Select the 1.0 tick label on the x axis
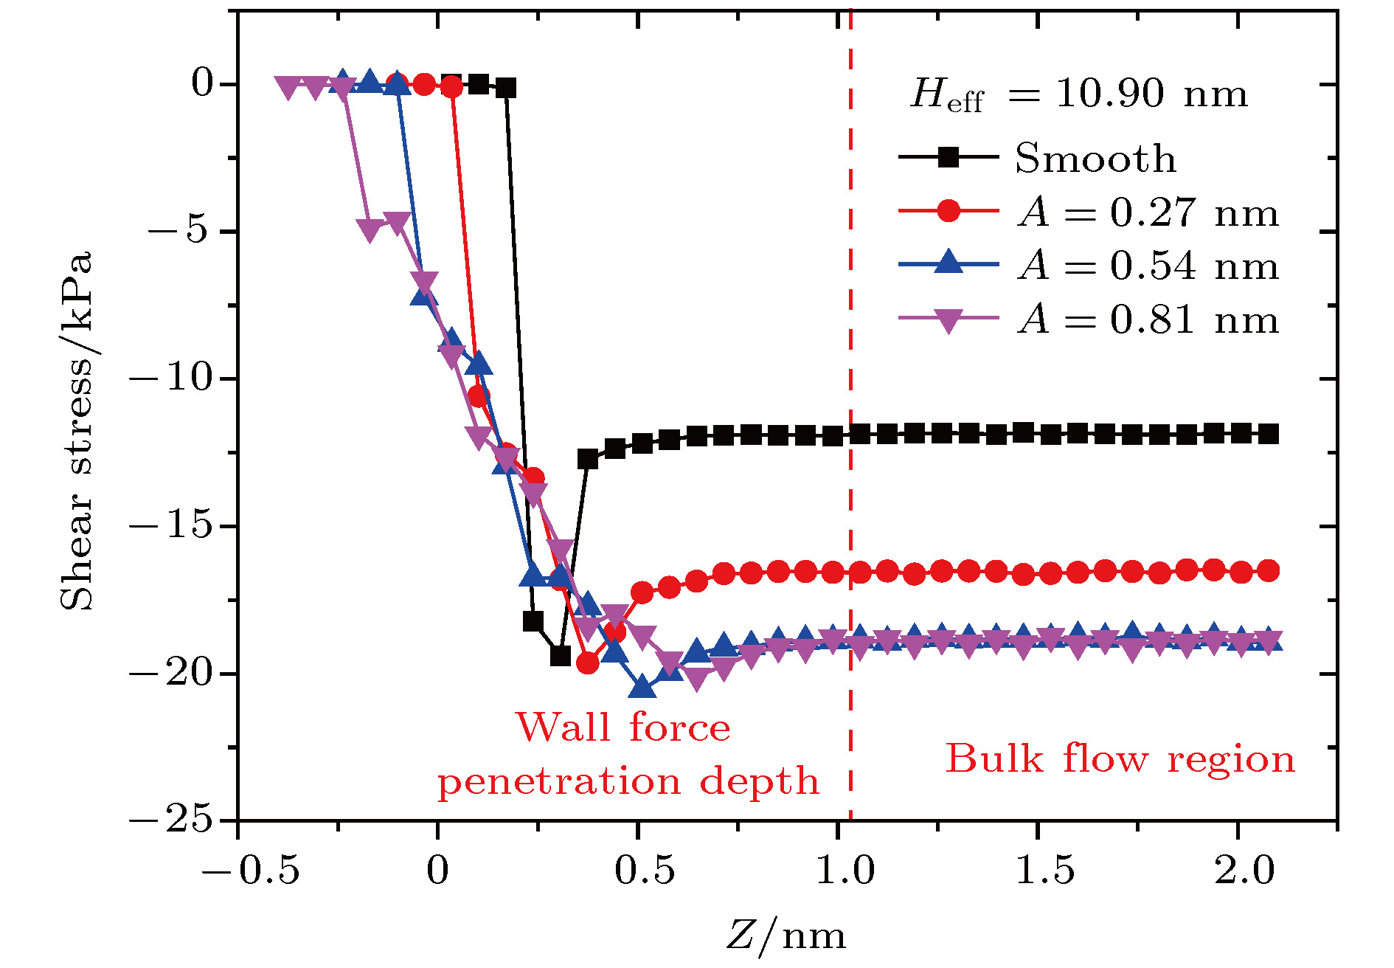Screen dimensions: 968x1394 pyautogui.click(x=845, y=870)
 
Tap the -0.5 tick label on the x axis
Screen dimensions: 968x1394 pyautogui.click(x=251, y=870)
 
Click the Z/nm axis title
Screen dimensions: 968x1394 pyautogui.click(x=786, y=936)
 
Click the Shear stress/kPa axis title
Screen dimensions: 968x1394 pyautogui.click(x=77, y=431)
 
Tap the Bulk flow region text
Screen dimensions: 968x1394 pyautogui.click(x=1120, y=758)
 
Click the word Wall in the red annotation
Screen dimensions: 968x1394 pyautogui.click(x=564, y=727)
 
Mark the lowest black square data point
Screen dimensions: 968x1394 pyautogui.click(x=561, y=656)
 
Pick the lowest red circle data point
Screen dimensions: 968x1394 pyautogui.click(x=587, y=663)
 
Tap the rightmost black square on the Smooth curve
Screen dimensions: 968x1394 pyautogui.click(x=1268, y=434)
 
